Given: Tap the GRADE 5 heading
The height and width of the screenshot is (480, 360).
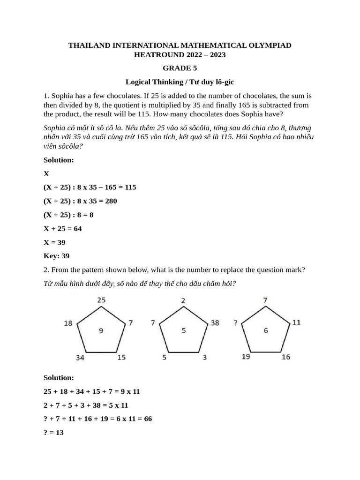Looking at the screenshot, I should coord(180,68).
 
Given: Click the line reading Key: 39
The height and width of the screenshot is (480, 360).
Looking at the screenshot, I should coord(56,256).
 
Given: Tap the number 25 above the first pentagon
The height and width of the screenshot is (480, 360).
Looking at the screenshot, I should coord(102,300).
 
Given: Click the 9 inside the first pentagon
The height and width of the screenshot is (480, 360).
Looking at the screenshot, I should coord(101,331).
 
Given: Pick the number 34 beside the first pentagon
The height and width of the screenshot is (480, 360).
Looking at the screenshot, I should coord(80,358).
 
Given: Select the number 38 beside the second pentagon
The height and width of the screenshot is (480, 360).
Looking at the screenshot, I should coord(215,323).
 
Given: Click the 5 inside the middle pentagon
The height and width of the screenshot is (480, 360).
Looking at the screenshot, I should coord(184,331).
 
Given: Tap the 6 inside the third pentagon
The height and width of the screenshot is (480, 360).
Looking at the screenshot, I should coord(266,331).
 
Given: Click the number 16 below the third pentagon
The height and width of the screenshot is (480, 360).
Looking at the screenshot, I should coord(286,357).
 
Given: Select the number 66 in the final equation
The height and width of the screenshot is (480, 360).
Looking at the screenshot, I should coord(147,419).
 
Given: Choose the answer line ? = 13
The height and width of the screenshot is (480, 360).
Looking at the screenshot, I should coord(53,433).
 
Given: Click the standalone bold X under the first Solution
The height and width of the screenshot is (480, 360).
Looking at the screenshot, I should coord(46,173).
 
